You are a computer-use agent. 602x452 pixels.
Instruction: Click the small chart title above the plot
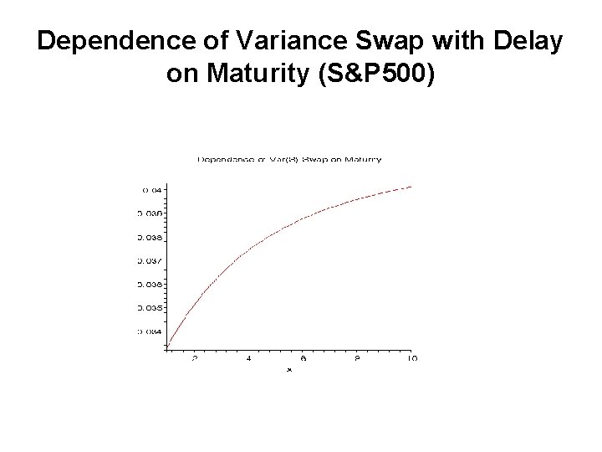pyautogui.click(x=289, y=159)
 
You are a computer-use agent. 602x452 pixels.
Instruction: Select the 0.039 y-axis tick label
pyautogui.click(x=150, y=213)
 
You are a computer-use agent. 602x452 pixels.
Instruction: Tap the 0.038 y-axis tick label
pyautogui.click(x=150, y=237)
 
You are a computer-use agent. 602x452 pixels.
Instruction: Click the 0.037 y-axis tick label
pyautogui.click(x=150, y=260)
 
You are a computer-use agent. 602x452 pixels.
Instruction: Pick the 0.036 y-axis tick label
pyautogui.click(x=150, y=285)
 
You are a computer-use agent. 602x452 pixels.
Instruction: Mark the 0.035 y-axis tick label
pyautogui.click(x=150, y=308)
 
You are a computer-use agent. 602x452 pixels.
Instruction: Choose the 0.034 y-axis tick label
pyautogui.click(x=151, y=331)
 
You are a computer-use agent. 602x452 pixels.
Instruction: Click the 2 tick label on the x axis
pyautogui.click(x=195, y=358)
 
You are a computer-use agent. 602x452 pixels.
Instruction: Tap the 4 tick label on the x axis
pyautogui.click(x=249, y=358)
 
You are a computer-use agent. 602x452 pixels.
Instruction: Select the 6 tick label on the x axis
pyautogui.click(x=304, y=358)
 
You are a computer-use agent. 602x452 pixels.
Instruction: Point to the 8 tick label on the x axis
pyautogui.click(x=357, y=358)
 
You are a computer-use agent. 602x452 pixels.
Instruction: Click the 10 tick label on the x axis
pyautogui.click(x=411, y=358)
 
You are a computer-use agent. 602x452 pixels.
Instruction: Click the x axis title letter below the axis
pyautogui.click(x=289, y=368)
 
